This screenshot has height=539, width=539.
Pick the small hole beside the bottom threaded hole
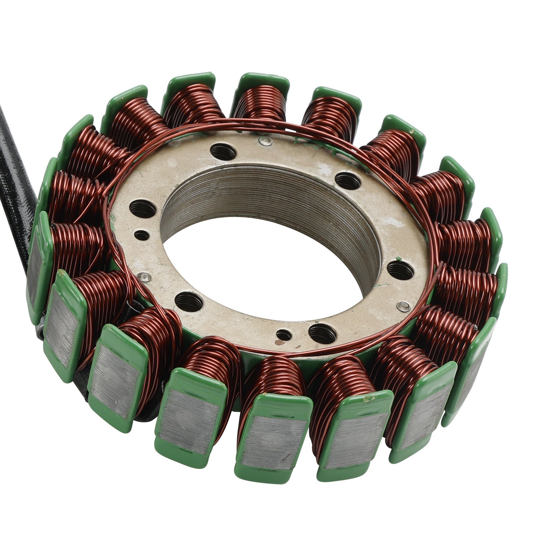coord(284,335)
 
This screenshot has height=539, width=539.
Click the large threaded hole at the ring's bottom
coord(322,334)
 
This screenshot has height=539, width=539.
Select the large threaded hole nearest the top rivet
coord(223,152)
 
